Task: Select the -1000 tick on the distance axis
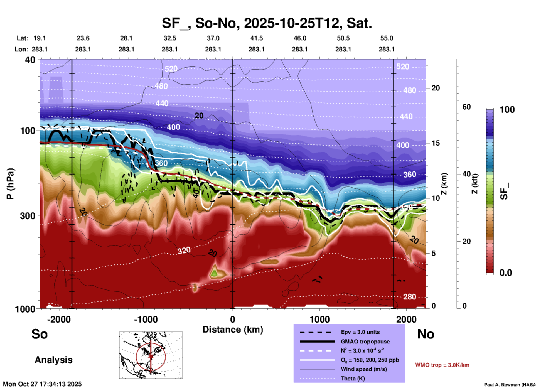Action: [x=146, y=319]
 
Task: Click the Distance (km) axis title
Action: [x=233, y=330]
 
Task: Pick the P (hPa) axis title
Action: [x=10, y=184]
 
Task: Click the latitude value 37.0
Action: [x=213, y=38]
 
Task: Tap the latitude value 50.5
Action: [x=343, y=38]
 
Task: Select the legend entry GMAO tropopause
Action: [x=365, y=342]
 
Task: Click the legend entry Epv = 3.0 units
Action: [x=360, y=332]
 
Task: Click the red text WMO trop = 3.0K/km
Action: [x=442, y=365]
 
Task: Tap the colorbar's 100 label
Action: [x=507, y=110]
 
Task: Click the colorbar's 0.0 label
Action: [x=506, y=272]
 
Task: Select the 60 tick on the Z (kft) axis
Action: [x=466, y=107]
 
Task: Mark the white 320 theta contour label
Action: [x=184, y=251]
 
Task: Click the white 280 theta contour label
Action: [x=409, y=297]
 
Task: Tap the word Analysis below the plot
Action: [x=53, y=360]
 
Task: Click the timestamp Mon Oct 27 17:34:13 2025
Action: [x=42, y=384]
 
